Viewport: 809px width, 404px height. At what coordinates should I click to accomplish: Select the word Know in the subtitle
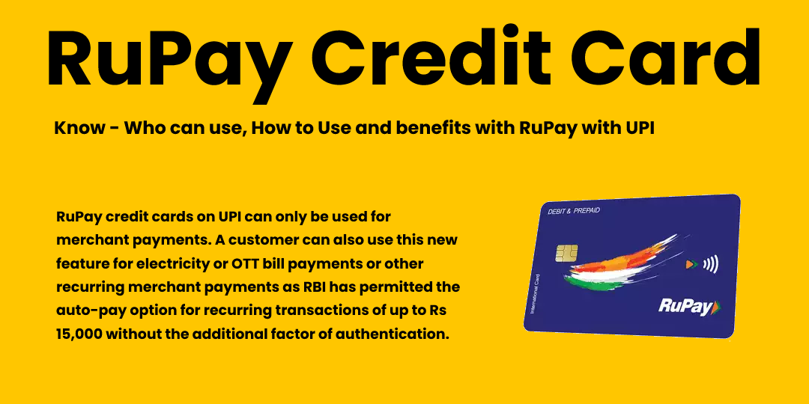point(78,128)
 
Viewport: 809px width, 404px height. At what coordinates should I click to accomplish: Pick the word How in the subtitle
point(271,128)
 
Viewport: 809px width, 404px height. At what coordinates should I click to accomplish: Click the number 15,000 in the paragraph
point(78,334)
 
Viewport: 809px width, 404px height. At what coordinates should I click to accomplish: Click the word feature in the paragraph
point(82,265)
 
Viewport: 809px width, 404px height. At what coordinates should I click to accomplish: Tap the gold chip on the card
point(566,253)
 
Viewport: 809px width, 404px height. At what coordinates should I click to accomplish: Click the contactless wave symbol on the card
point(707,264)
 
